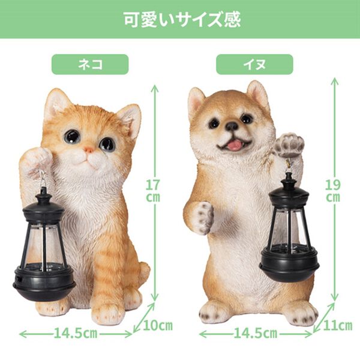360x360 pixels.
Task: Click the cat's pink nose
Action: [x=89, y=149]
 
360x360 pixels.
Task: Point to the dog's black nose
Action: [x=232, y=127]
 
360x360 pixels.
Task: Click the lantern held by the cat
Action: [x=43, y=246]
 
